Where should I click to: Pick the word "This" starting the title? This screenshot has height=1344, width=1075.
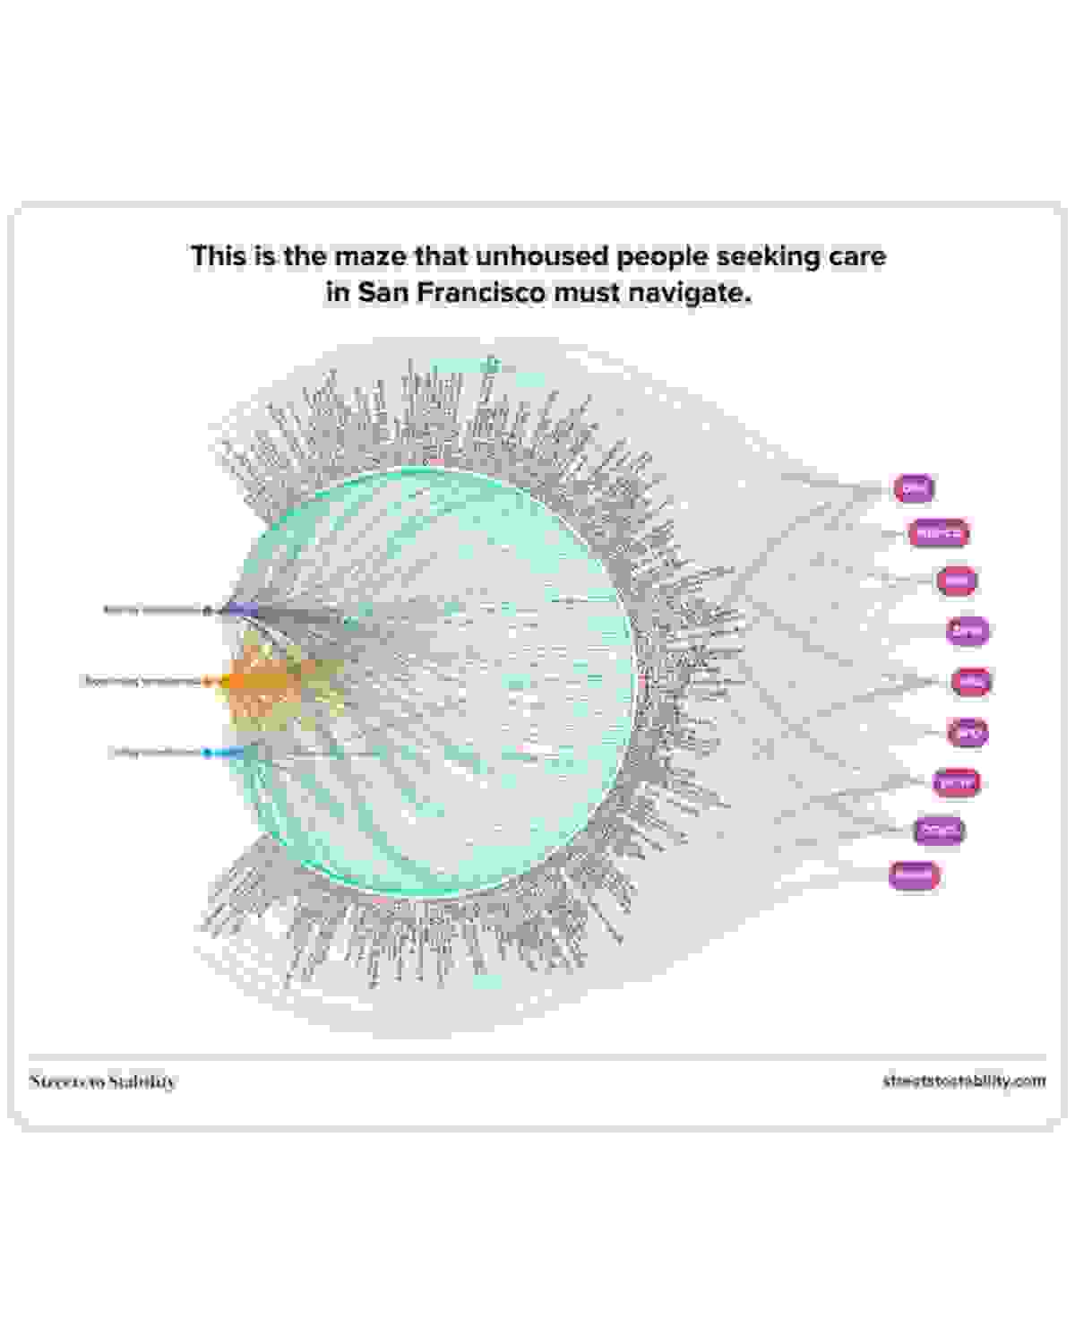click(x=216, y=256)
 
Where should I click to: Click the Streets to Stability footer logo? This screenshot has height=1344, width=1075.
click(x=103, y=1081)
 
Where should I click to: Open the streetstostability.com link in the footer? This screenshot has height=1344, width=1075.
click(x=964, y=1081)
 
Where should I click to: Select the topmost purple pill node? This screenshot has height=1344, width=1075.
click(x=914, y=488)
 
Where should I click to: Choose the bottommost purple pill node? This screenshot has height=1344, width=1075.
click(x=914, y=874)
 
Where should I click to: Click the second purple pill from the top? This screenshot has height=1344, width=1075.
click(x=938, y=534)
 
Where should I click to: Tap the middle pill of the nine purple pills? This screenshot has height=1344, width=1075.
click(x=971, y=682)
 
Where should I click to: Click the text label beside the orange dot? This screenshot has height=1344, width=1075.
click(x=141, y=681)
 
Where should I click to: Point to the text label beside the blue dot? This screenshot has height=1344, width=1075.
click(x=154, y=753)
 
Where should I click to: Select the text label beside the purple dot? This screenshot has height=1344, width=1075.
click(x=151, y=610)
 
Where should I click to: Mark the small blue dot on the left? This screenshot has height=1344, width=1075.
click(x=207, y=753)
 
